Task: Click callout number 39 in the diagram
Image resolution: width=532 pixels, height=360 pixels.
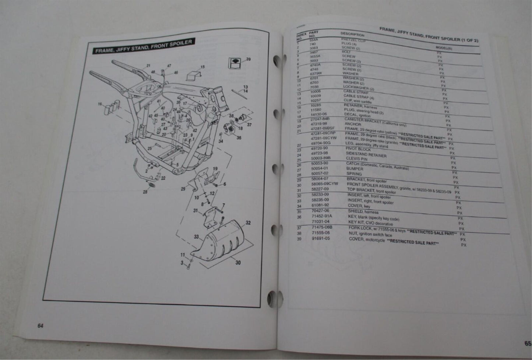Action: pos(248,59)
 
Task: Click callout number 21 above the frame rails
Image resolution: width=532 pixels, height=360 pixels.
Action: pos(148,66)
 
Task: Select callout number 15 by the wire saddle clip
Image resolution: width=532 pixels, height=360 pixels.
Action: pos(202,67)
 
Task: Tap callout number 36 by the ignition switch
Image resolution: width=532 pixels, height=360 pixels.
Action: pos(239,138)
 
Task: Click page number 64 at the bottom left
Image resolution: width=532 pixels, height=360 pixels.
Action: pos(40,325)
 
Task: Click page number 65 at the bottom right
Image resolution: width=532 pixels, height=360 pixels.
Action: pos(528,343)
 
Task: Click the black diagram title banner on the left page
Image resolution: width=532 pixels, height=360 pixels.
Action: pos(144,46)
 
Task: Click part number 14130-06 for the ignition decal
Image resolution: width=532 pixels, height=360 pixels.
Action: pos(319,114)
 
